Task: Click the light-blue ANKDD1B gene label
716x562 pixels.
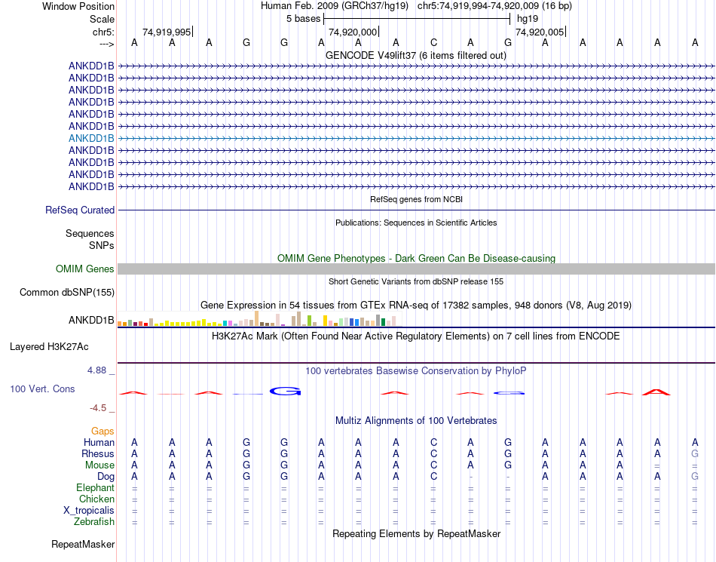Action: point(91,138)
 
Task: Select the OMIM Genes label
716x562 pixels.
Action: point(85,269)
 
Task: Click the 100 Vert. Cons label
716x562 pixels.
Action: point(42,388)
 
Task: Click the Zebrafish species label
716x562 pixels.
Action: point(94,521)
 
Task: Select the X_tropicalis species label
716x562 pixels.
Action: point(89,510)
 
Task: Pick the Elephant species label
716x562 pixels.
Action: point(95,488)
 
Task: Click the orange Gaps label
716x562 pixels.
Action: point(103,431)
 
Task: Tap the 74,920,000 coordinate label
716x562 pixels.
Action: point(353,32)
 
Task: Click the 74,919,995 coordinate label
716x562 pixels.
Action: point(167,32)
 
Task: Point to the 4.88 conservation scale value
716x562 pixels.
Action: point(97,370)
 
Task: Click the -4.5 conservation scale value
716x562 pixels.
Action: point(99,408)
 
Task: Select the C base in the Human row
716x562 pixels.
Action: point(433,443)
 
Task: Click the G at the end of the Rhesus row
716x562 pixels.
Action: point(695,454)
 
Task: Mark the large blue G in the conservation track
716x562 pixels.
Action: point(286,391)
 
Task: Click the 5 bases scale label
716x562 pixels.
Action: point(303,18)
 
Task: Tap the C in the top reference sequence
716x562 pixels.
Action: point(433,43)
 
